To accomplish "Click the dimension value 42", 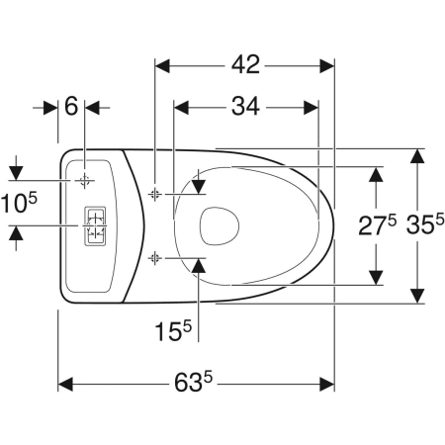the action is (245, 64).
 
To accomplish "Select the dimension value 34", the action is (245, 106).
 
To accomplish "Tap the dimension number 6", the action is (71, 106).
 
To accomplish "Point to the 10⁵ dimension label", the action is (19, 203).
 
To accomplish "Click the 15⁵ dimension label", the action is (173, 330).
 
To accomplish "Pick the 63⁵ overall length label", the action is (194, 382).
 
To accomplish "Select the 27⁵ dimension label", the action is (378, 225).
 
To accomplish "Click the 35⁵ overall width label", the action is (425, 224).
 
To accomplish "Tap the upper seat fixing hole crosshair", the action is (154, 195).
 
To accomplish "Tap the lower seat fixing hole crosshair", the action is (154, 258).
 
